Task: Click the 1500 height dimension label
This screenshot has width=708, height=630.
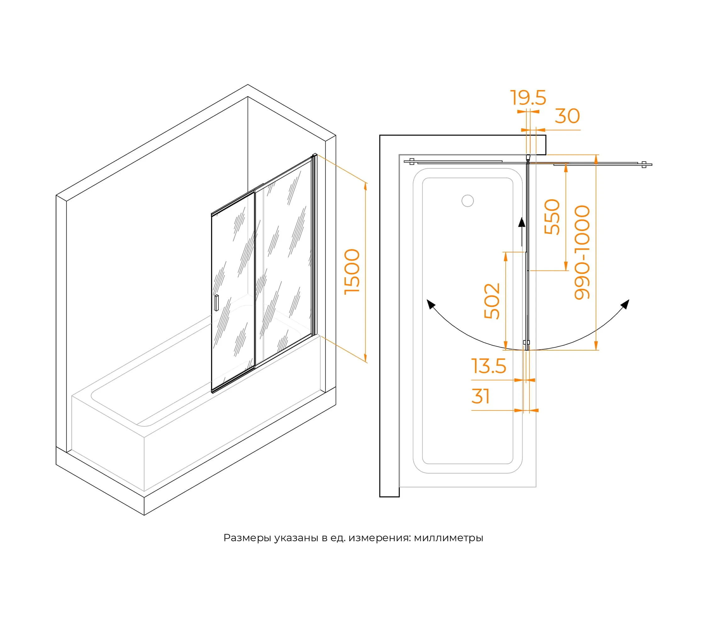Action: [x=352, y=272]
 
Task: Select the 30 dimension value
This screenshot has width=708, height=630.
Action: [x=567, y=116]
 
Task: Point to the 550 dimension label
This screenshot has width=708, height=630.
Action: [x=552, y=217]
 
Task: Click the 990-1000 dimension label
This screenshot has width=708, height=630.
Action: [x=582, y=252]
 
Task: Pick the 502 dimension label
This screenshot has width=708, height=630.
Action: [x=492, y=301]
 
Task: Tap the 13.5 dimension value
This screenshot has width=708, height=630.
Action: [x=489, y=366]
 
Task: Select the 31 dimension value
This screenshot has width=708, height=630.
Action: [x=480, y=396]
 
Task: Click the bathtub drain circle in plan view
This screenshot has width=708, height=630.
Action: [x=468, y=201]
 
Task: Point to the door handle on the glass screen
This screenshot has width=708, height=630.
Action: [x=216, y=303]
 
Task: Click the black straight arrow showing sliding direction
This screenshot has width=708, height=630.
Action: [x=522, y=232]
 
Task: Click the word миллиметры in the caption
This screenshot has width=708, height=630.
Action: [x=449, y=538]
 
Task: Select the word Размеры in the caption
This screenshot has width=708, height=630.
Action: [x=247, y=538]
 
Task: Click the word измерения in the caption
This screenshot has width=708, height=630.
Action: [x=380, y=538]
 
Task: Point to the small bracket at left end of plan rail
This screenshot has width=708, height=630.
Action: [x=412, y=162]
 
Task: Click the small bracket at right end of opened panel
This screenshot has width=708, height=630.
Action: [x=644, y=165]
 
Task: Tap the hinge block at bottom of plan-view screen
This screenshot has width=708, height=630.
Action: [x=526, y=343]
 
